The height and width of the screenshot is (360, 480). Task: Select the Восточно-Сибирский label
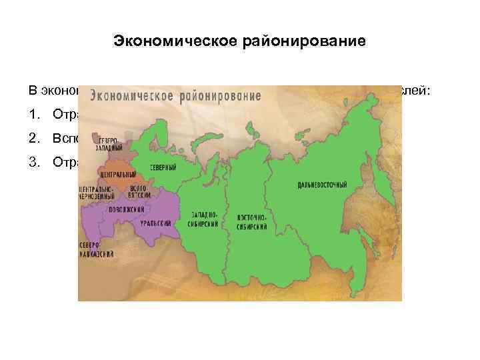[253, 223]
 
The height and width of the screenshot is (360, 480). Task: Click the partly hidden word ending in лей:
[417, 91]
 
